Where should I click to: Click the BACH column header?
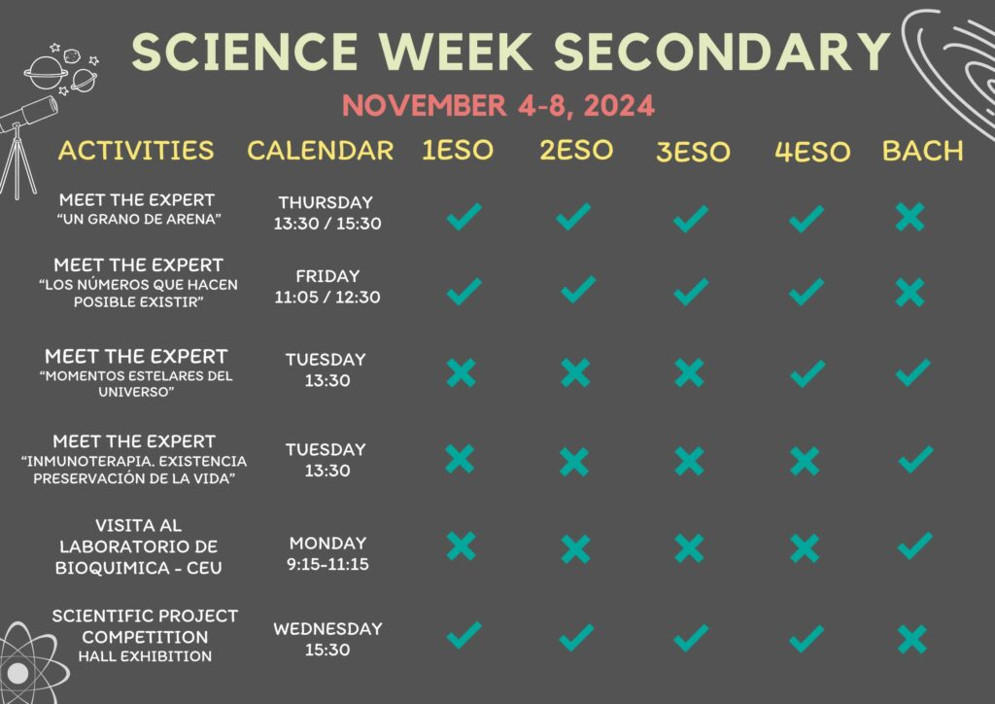(x=923, y=151)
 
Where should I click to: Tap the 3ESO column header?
(x=693, y=152)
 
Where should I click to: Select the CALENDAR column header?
(x=321, y=151)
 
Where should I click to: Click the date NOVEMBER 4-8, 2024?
(x=498, y=105)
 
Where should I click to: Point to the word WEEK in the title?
(x=457, y=52)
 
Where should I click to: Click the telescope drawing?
(x=24, y=146)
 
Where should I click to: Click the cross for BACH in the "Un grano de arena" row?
(x=909, y=217)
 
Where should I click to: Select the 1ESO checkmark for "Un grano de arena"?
(x=463, y=217)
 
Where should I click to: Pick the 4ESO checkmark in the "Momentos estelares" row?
(x=807, y=373)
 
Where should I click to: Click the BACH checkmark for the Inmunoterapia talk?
(x=915, y=460)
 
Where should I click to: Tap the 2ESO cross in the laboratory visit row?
(x=575, y=549)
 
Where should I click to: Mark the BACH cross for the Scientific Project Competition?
(x=912, y=639)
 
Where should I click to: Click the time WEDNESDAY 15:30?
(x=327, y=639)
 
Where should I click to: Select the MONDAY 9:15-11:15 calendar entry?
(x=327, y=553)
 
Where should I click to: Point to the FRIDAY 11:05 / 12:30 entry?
(x=327, y=286)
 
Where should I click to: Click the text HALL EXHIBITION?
(x=146, y=656)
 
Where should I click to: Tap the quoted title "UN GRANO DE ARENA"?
(x=139, y=219)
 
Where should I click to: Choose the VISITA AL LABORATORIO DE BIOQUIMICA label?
(x=138, y=546)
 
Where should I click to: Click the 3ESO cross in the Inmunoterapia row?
(x=690, y=461)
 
